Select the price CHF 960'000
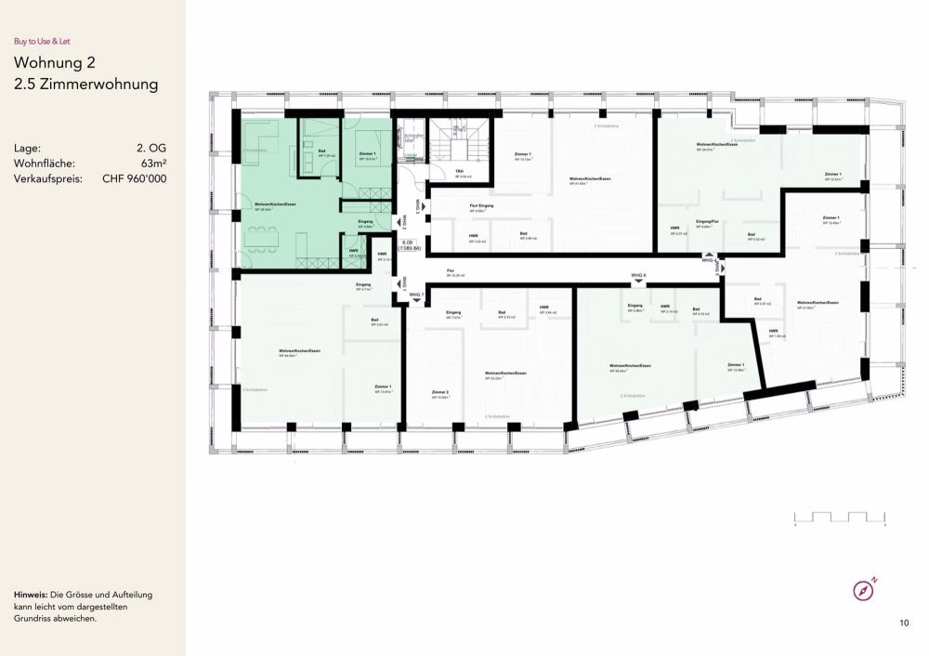click(x=135, y=178)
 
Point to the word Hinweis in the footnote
click(x=32, y=594)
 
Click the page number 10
click(x=904, y=623)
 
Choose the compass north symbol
click(x=865, y=590)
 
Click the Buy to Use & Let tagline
click(x=42, y=41)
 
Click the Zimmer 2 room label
click(x=440, y=392)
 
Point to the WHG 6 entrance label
click(x=638, y=275)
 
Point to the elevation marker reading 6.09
click(x=405, y=243)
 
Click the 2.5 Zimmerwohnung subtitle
click(x=86, y=85)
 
